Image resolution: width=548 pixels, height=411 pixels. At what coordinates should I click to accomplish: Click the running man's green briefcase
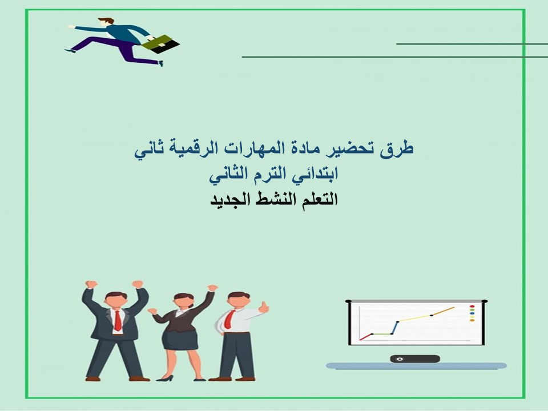tap(161, 43)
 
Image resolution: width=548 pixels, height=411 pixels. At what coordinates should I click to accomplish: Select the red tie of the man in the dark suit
tap(117, 320)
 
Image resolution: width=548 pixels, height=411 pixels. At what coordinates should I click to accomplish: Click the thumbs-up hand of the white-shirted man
tap(263, 308)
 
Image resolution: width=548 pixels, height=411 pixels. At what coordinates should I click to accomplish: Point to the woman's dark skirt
tap(179, 340)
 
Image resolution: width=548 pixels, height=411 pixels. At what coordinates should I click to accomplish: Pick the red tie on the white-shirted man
tap(228, 317)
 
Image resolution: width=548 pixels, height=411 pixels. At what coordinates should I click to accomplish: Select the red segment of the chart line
tap(365, 337)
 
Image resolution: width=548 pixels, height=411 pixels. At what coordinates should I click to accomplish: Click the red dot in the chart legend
tap(472, 307)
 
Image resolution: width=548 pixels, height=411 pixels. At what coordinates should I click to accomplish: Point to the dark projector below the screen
tap(415, 358)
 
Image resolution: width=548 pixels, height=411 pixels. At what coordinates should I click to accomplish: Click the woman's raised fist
tap(212, 288)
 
